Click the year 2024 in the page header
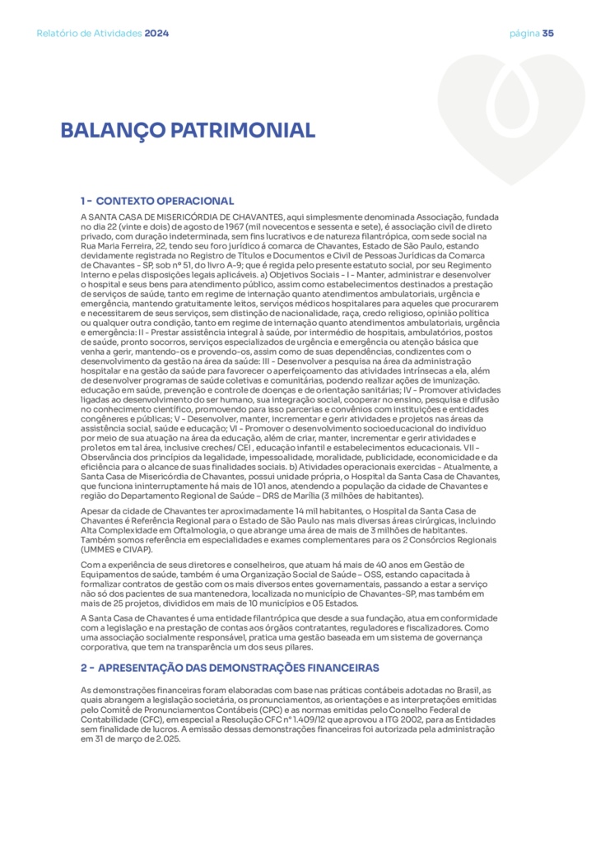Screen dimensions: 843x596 point(156,34)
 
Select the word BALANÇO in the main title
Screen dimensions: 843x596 point(112,131)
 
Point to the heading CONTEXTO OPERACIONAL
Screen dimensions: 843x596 point(165,201)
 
